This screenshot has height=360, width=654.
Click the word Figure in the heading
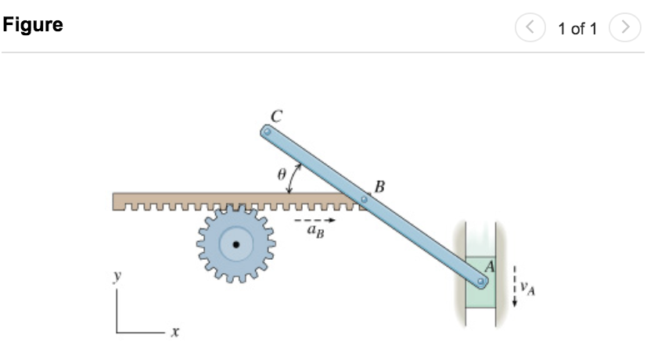(33, 25)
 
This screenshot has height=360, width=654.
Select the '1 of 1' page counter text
(577, 30)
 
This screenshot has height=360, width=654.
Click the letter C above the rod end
(275, 115)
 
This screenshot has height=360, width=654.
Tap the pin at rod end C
(268, 133)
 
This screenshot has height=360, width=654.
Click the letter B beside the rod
(380, 186)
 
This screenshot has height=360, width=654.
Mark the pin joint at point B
(363, 200)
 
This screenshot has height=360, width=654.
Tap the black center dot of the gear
(234, 245)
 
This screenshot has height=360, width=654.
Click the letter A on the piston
(489, 266)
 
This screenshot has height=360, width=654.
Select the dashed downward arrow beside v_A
(514, 286)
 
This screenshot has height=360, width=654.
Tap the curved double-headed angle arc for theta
(293, 178)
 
